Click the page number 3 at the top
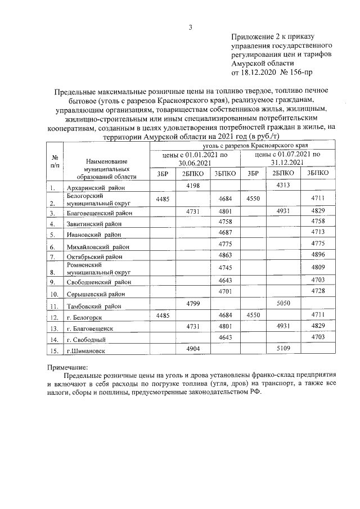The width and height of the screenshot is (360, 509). tap(191, 27)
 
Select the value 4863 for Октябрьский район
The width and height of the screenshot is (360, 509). tap(225, 255)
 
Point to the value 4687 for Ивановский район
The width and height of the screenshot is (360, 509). tap(225, 232)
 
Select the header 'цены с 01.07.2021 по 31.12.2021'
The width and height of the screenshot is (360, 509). tap(287, 157)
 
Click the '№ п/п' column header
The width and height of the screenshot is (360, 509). tap(55, 161)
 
